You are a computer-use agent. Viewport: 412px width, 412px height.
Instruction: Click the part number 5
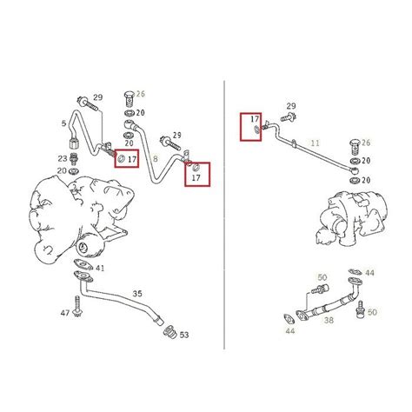tap(63, 123)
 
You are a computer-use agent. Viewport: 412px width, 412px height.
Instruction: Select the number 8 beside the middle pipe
tap(156, 159)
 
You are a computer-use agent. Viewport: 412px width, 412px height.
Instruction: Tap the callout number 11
tap(315, 143)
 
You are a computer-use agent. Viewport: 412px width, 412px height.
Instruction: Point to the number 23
tap(63, 159)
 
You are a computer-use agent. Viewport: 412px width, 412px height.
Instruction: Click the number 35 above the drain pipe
tap(137, 294)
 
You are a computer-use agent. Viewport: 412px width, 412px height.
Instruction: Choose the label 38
tap(329, 320)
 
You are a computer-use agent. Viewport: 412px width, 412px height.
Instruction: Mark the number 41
tap(100, 269)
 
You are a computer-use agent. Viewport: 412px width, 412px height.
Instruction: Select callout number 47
tap(65, 313)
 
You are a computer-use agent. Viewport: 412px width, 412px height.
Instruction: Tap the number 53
tap(184, 335)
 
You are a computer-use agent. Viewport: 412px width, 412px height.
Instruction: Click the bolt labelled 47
tap(77, 307)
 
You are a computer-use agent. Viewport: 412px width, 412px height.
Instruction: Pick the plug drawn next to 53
tap(169, 333)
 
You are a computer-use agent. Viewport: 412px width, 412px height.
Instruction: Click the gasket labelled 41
tap(83, 264)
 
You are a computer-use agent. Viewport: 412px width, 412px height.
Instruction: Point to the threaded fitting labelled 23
tap(74, 158)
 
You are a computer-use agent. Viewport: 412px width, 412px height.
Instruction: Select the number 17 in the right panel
tap(255, 119)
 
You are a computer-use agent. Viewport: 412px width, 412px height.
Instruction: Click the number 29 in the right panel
tap(291, 106)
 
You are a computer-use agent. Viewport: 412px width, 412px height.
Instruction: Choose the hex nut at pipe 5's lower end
tap(74, 143)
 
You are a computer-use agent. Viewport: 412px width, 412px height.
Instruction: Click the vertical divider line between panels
tap(224, 215)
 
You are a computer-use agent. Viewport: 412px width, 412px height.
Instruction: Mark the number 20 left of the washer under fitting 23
tap(62, 171)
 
